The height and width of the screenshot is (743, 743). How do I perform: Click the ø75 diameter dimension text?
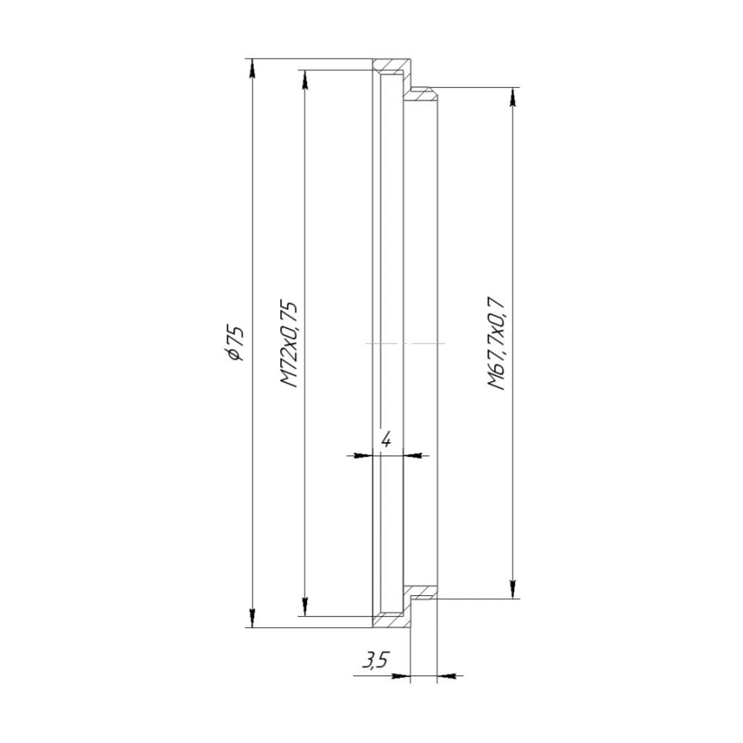(x=236, y=343)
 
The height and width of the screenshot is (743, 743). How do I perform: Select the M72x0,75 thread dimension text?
(x=289, y=343)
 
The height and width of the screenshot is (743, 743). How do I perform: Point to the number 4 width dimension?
(x=386, y=440)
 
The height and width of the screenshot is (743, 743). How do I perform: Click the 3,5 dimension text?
(x=375, y=660)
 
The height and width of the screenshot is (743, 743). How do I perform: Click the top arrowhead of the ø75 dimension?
(x=252, y=68)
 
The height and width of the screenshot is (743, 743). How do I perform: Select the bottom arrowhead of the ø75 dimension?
(x=252, y=618)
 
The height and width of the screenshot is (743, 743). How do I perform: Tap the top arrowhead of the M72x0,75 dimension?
(x=305, y=80)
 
